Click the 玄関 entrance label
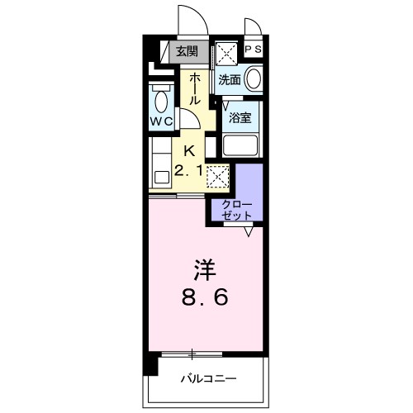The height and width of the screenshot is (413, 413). [x=188, y=51]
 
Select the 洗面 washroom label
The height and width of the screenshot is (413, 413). [x=230, y=80]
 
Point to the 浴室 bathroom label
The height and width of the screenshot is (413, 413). [x=240, y=117]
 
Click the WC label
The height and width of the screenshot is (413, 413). [x=160, y=121]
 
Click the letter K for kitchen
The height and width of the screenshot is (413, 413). [x=189, y=151]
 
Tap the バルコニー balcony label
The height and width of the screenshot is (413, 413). [x=208, y=379]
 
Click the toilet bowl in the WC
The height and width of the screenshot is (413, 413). [x=160, y=101]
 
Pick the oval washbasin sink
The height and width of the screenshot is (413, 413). [x=254, y=79]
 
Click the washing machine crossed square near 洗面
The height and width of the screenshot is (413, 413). [x=227, y=53]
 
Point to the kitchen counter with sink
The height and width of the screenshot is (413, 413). [x=159, y=164]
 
